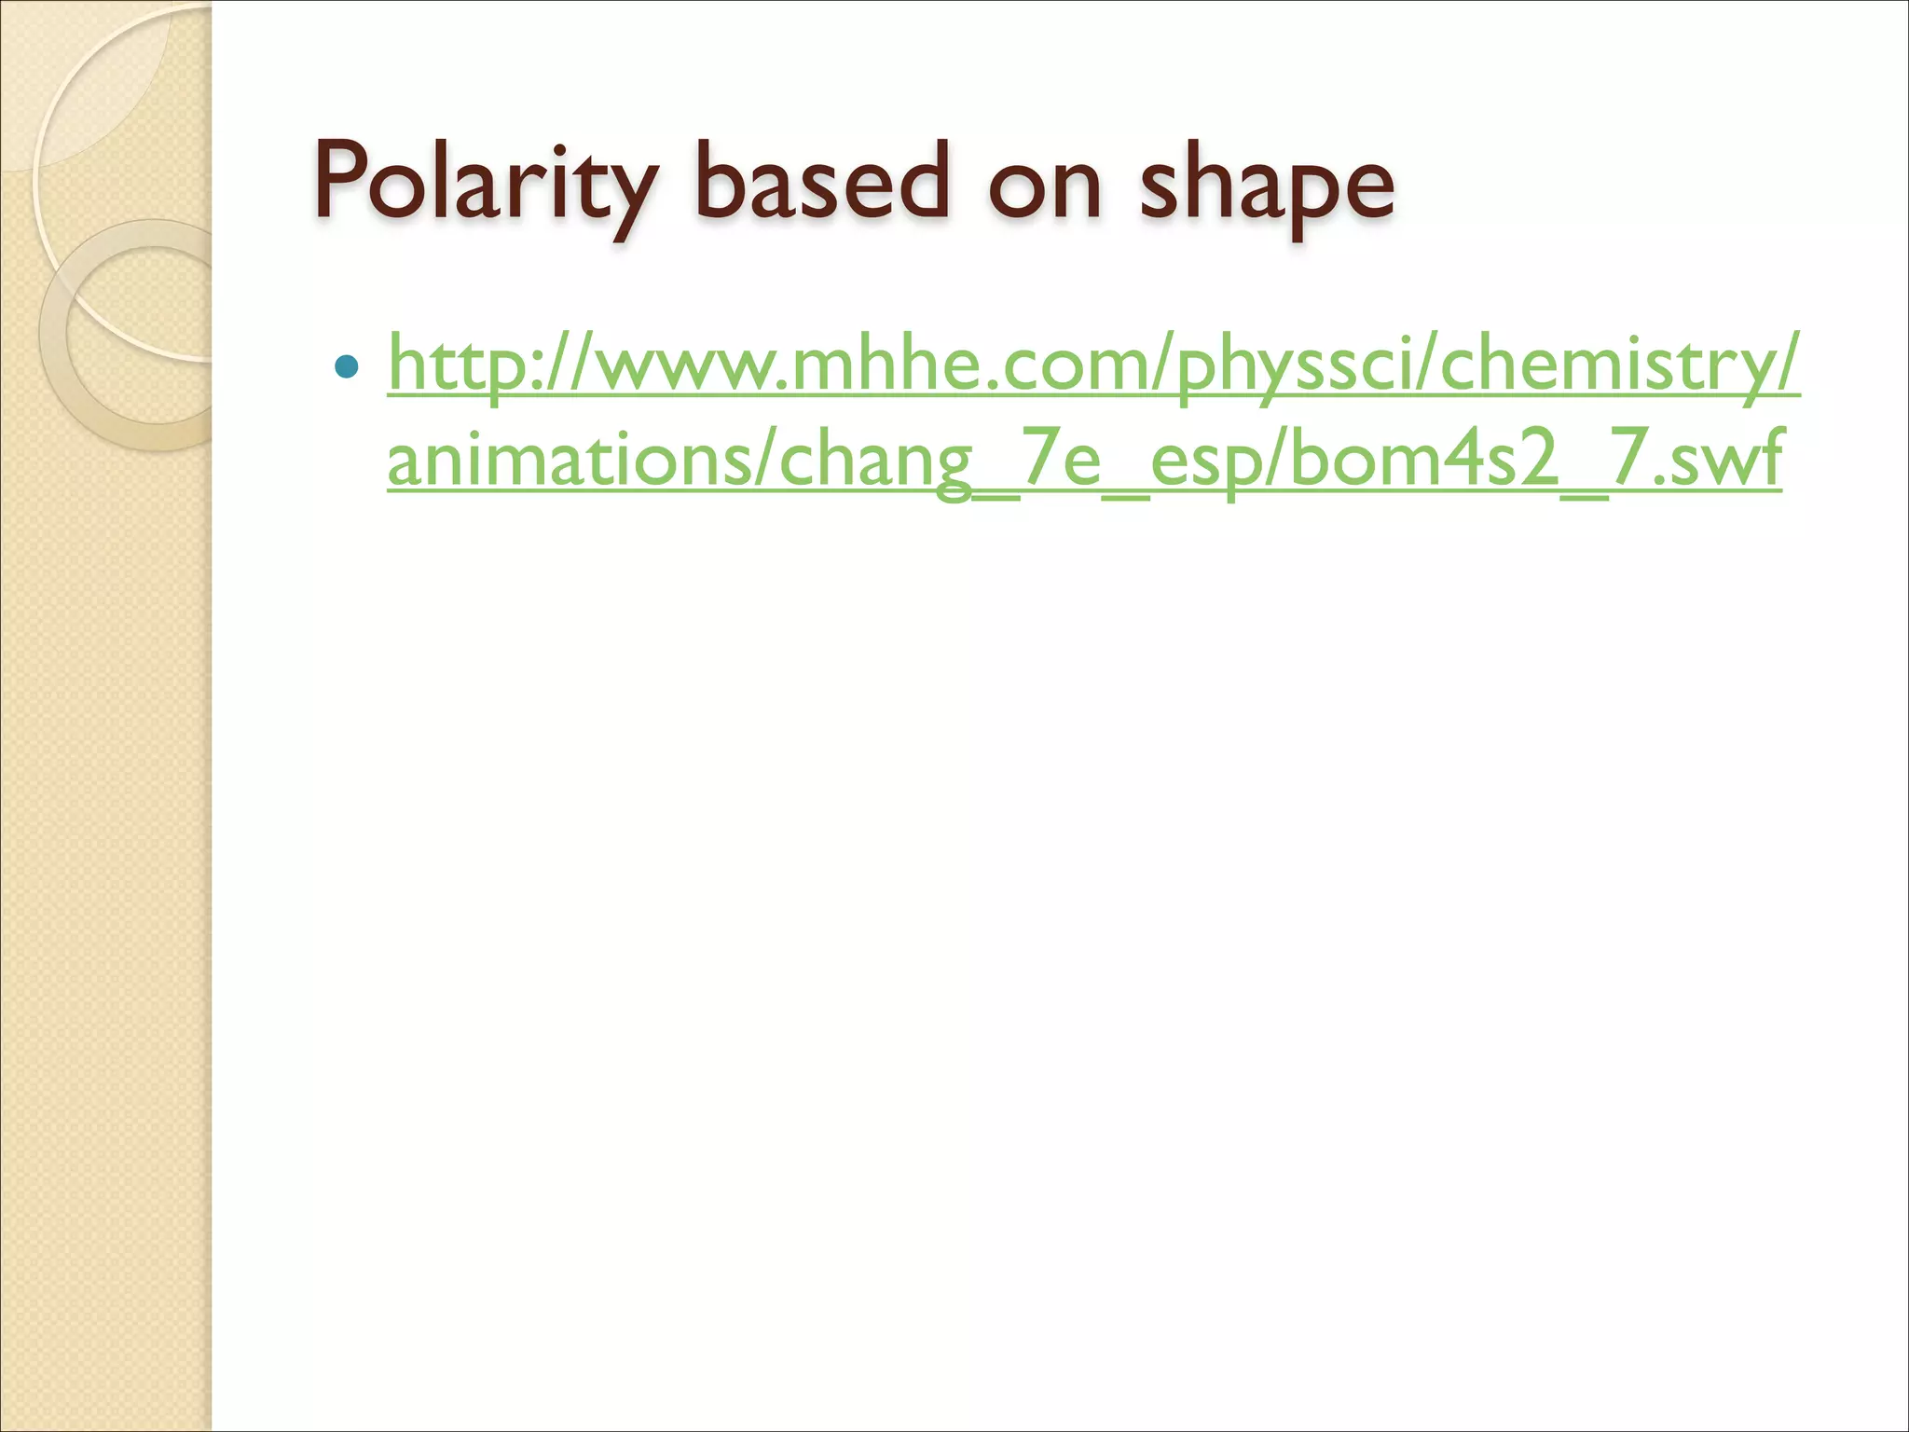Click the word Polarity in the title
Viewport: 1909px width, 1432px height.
pos(485,182)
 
